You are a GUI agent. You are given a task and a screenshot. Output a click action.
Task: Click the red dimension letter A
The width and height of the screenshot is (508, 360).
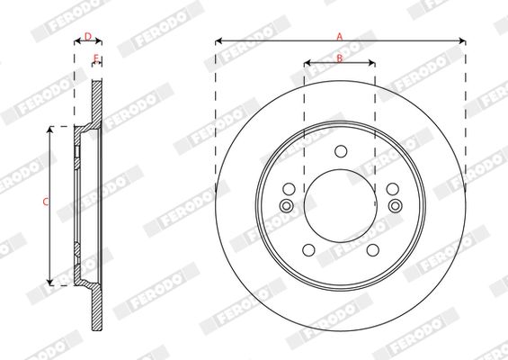tap(339, 36)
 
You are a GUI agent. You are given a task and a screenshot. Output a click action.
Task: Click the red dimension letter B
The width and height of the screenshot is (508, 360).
tap(340, 58)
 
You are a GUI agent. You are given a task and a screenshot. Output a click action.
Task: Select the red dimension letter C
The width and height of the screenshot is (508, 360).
tap(46, 202)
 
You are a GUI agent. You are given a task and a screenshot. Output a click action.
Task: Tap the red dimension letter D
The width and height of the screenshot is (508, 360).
tap(88, 36)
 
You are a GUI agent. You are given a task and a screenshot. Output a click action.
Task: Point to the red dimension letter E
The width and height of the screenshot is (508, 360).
tap(96, 58)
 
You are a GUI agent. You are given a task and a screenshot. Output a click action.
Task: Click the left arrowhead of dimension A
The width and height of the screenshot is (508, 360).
tap(218, 41)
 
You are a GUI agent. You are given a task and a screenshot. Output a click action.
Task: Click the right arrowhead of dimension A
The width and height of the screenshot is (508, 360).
tap(462, 41)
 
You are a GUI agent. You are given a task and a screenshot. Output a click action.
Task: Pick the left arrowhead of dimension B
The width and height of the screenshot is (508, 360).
tap(307, 63)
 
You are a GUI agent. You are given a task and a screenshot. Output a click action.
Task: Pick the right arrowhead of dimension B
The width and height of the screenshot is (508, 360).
tap(371, 63)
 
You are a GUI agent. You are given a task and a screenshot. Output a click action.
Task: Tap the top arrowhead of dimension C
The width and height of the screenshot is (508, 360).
tap(49, 130)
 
